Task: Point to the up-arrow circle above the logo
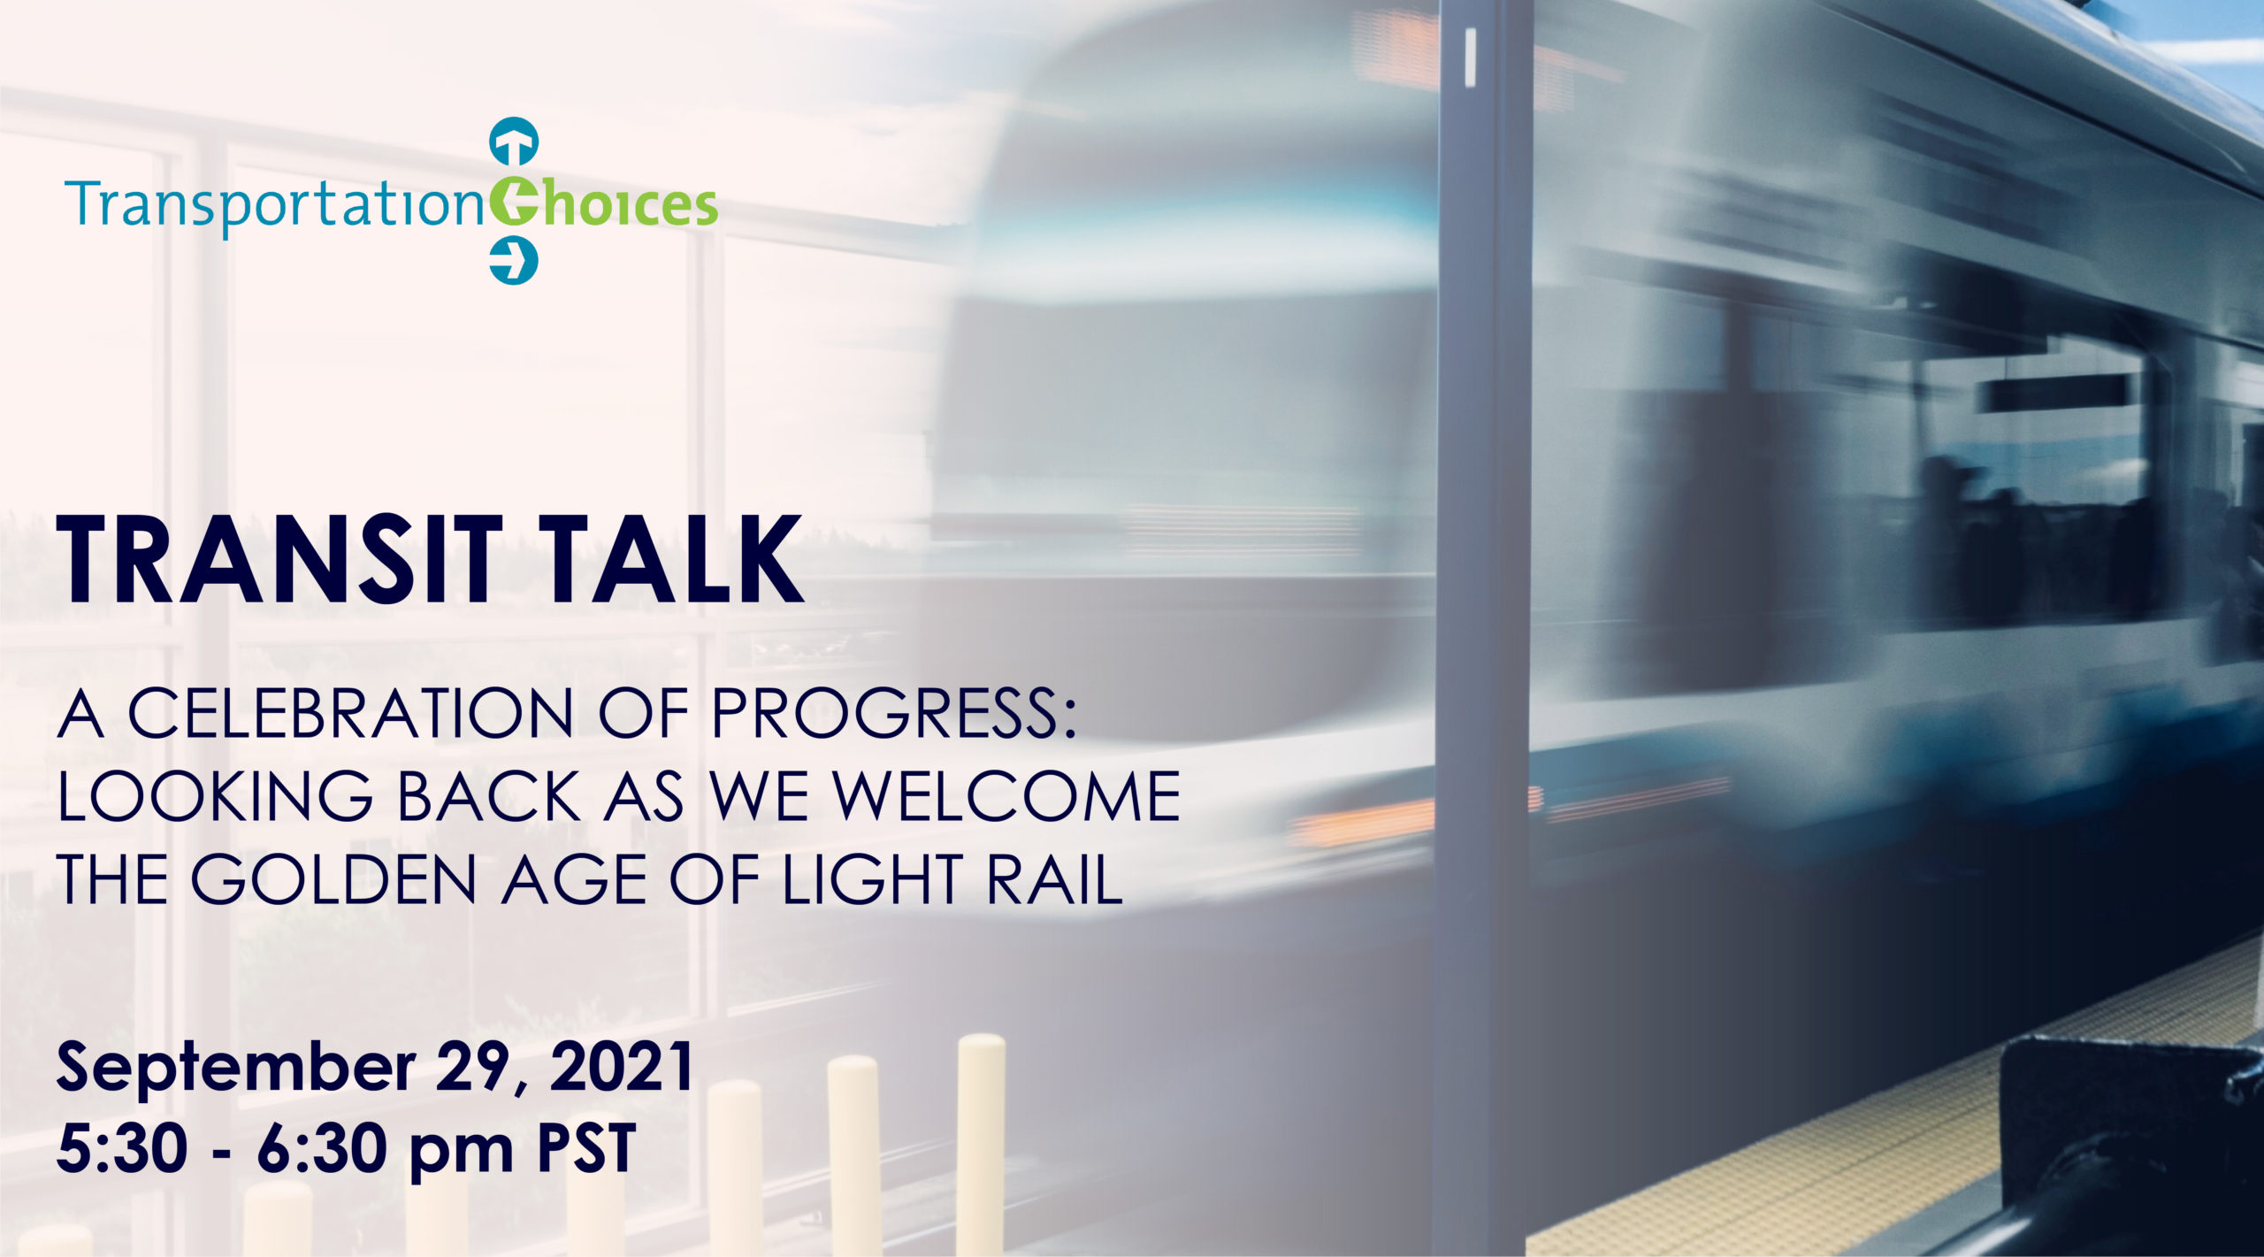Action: (x=514, y=141)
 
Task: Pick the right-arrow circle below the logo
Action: (x=514, y=260)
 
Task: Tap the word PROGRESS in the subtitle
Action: (x=894, y=713)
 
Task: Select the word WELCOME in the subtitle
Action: (x=1007, y=796)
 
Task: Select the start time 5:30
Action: (x=122, y=1148)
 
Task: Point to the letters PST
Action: (x=587, y=1148)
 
